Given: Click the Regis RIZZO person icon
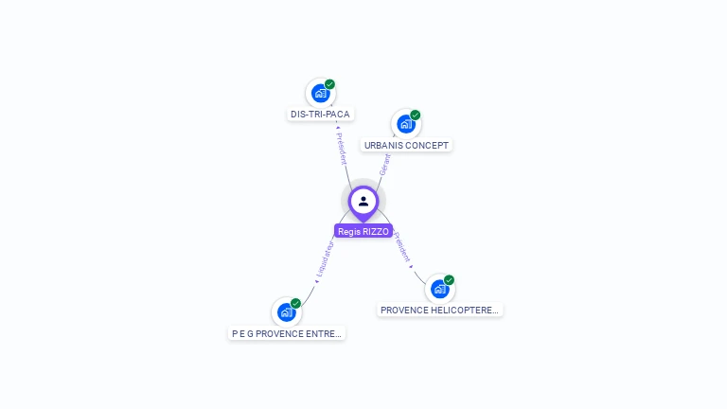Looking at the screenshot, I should tap(363, 201).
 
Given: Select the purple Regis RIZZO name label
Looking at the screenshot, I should tap(363, 231).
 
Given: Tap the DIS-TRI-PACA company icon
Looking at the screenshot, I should tap(320, 93).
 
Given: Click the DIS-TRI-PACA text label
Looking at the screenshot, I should tap(320, 115).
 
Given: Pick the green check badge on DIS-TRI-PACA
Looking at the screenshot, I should tap(329, 84).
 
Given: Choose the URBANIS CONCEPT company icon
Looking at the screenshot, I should tap(405, 123).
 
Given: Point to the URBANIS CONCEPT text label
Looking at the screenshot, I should tap(406, 146).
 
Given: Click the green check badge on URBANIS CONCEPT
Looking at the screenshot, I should tap(415, 116).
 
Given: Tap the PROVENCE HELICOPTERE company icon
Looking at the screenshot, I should tap(439, 288).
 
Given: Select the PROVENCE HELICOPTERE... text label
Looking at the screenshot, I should tap(439, 310).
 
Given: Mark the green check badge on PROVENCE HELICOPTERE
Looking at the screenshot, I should tap(449, 280).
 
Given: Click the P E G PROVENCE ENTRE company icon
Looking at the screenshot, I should tap(286, 311).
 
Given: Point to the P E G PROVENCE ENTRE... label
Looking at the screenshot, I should tap(287, 333).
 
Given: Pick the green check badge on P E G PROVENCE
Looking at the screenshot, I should tap(295, 304).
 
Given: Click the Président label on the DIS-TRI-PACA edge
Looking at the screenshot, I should tap(341, 148).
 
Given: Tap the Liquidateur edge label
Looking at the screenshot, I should tap(324, 259).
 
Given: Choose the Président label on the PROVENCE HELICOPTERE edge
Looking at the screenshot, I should tap(402, 247).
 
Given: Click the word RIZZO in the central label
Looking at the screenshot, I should tap(376, 231).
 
